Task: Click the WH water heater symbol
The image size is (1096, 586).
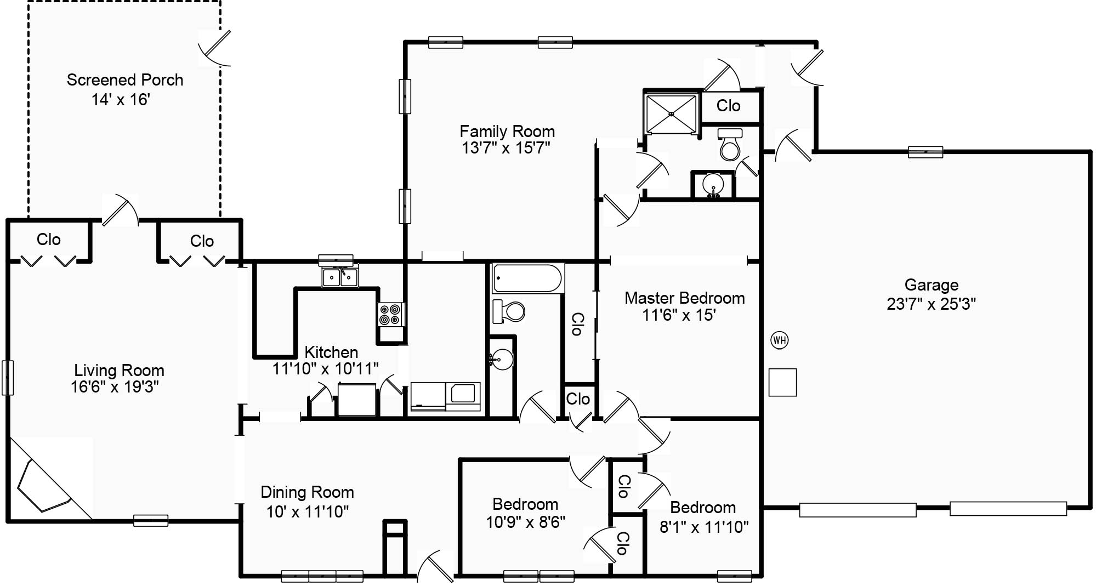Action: click(x=779, y=340)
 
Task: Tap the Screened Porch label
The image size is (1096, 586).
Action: click(x=125, y=80)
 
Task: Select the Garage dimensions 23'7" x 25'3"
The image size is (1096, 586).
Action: click(x=931, y=304)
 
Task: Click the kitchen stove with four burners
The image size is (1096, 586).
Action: click(x=391, y=315)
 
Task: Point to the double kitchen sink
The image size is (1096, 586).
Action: click(x=340, y=277)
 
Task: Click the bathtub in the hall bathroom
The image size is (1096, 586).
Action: click(x=528, y=278)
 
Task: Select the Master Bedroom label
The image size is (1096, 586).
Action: click(x=685, y=298)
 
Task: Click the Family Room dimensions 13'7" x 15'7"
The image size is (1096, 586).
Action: click(x=506, y=148)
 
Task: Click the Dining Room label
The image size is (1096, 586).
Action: click(x=307, y=492)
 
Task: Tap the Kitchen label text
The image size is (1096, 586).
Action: click(x=331, y=352)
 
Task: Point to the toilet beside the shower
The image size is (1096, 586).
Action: click(x=730, y=144)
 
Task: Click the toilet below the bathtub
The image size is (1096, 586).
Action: click(x=509, y=311)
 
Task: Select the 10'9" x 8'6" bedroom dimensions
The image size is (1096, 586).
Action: click(x=525, y=522)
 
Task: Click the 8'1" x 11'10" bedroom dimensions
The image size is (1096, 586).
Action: click(x=704, y=527)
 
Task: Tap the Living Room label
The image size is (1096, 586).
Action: click(x=120, y=371)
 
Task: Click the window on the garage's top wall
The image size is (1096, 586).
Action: click(x=925, y=152)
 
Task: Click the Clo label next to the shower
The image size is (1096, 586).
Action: click(x=728, y=106)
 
